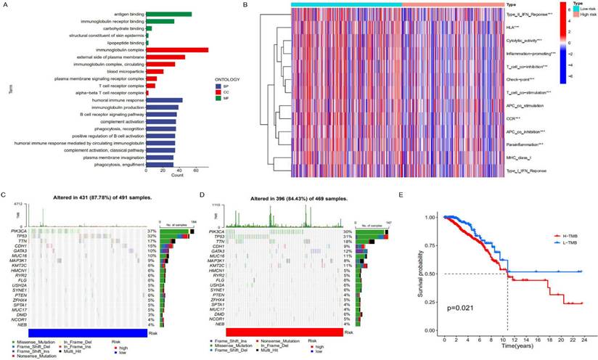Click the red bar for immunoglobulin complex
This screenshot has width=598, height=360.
click(177, 49)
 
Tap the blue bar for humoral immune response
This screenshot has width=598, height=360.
click(164, 100)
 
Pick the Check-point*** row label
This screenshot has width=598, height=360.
click(521, 79)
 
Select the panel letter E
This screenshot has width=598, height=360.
click(422, 196)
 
